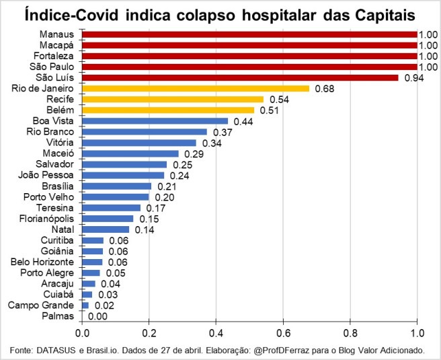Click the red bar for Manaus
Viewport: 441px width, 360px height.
249,34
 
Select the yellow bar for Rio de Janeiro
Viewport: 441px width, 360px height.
196,88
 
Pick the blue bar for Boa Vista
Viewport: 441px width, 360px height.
155,120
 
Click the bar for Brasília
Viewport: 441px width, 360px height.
117,186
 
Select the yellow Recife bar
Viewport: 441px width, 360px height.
173,99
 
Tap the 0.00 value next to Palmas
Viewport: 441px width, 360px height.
97,316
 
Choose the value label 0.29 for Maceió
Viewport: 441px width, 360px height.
192,153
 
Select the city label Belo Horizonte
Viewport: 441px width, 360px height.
43,262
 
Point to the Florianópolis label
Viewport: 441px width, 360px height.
48,219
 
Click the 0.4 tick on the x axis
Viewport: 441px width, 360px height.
216,332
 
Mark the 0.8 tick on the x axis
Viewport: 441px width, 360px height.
350,332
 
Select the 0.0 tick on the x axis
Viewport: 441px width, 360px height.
83,332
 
